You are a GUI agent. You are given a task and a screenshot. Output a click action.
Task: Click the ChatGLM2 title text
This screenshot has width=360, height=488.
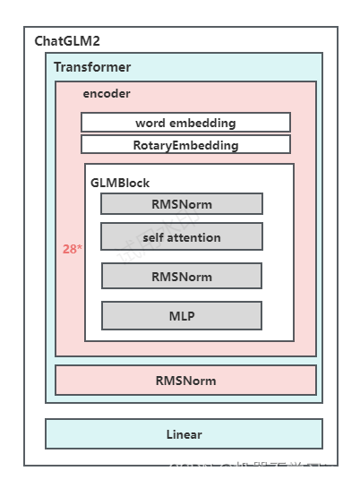(x=66, y=41)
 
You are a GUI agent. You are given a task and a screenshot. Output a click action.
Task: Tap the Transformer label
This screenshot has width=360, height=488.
(x=91, y=67)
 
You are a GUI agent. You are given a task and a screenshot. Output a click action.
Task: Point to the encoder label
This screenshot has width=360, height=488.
(x=107, y=93)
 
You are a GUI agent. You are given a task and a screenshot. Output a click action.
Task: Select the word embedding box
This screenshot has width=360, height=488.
(x=185, y=123)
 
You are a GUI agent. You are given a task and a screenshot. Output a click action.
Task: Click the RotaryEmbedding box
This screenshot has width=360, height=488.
(x=185, y=145)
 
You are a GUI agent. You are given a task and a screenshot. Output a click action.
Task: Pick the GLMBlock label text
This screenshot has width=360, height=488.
(x=120, y=183)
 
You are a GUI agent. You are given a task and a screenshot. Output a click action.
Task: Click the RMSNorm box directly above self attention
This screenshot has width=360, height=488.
(x=182, y=204)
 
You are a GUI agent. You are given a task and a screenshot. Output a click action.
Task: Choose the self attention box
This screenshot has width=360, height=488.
(x=182, y=237)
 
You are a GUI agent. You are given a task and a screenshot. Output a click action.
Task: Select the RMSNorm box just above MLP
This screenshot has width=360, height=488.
(x=182, y=277)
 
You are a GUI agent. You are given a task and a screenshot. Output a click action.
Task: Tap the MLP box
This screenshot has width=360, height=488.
(x=182, y=316)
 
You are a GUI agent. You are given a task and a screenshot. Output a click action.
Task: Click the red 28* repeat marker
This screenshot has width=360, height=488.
(x=72, y=249)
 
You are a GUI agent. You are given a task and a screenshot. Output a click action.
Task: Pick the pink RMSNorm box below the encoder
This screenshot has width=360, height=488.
(x=185, y=381)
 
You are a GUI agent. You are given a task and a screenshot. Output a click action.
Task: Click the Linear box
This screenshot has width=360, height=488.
(x=184, y=434)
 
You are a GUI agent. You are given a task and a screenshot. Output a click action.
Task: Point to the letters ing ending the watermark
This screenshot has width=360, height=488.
(x=333, y=469)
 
